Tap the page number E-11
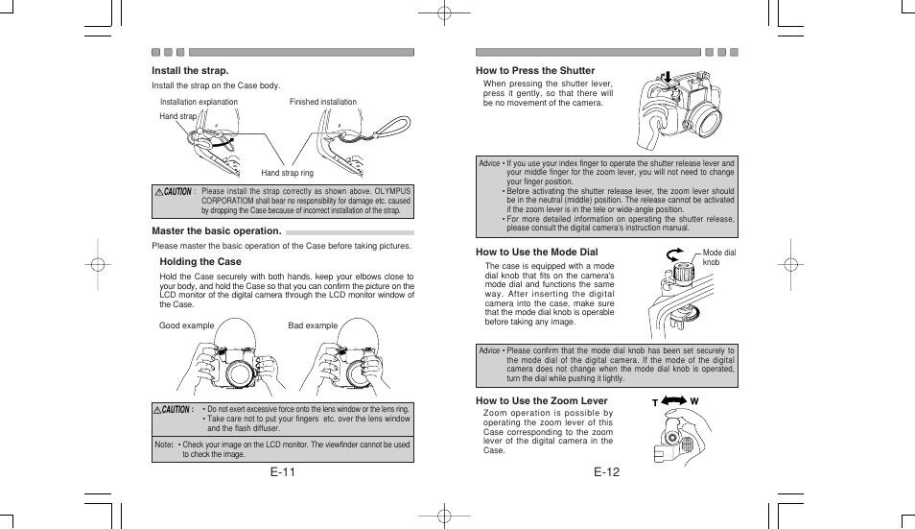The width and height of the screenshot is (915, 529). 282,472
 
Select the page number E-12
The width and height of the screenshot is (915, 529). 606,472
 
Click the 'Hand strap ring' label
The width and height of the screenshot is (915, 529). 288,173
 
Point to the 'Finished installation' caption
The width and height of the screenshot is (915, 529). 323,102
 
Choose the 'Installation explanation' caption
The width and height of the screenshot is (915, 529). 199,102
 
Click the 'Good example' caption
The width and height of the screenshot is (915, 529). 186,325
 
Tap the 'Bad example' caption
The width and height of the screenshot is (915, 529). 313,325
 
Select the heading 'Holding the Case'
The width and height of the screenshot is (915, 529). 200,261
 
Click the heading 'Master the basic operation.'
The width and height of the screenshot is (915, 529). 217,231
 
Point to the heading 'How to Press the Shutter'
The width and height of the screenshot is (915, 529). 535,70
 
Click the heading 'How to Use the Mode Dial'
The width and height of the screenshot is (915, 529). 536,252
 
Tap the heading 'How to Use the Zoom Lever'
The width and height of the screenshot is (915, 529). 542,400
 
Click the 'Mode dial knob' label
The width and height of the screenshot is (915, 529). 718,257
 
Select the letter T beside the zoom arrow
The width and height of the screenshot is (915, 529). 656,401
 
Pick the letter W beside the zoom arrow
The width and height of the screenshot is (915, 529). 694,401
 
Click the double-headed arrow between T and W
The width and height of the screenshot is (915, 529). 675,399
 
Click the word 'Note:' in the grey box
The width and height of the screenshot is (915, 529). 164,445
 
